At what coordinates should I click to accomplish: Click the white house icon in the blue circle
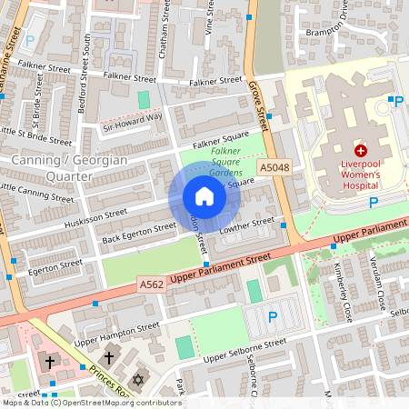click(x=204, y=196)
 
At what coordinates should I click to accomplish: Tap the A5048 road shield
click(x=274, y=168)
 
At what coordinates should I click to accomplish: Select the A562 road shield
click(x=153, y=284)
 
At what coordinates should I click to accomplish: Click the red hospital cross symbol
click(x=361, y=150)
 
